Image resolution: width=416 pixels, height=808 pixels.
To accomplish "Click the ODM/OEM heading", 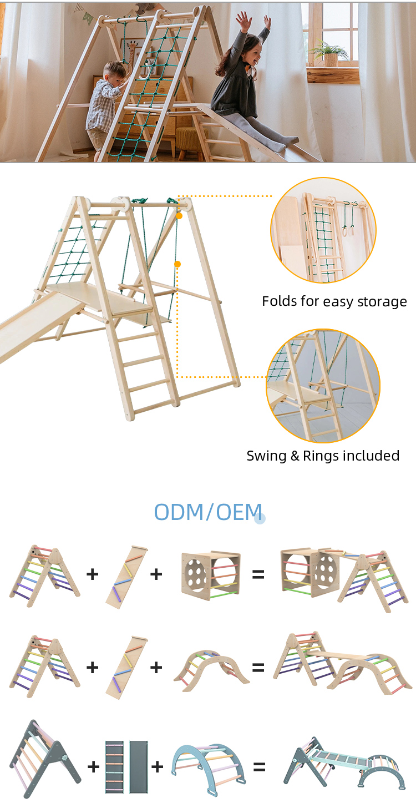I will tap(208, 512).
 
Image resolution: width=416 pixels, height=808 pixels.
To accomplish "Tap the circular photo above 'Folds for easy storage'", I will tap(323, 230).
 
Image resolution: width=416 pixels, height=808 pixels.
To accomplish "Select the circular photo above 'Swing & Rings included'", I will tap(323, 386).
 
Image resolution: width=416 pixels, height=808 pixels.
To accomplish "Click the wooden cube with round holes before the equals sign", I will tap(211, 573).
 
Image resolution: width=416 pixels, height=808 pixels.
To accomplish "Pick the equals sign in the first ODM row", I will tap(258, 574).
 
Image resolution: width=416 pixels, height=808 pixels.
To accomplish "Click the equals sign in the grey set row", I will tap(259, 767).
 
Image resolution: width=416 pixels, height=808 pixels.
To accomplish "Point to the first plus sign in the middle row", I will tap(92, 667).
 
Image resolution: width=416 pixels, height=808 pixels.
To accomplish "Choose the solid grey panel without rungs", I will tap(139, 766).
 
